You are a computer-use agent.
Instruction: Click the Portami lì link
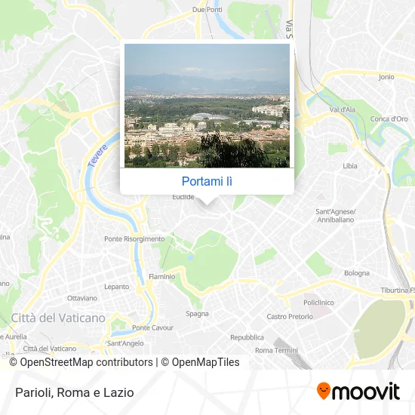pyautogui.click(x=207, y=181)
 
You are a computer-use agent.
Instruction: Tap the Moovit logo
pyautogui.click(x=358, y=391)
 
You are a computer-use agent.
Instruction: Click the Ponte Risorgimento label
pyautogui.click(x=134, y=239)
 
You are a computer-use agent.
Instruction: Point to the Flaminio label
pyautogui.click(x=162, y=277)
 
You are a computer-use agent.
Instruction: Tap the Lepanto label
pyautogui.click(x=117, y=287)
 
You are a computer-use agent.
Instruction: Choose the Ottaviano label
pyautogui.click(x=82, y=298)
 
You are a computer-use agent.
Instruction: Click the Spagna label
pyautogui.click(x=198, y=313)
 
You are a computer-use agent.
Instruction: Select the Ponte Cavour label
pyautogui.click(x=153, y=328)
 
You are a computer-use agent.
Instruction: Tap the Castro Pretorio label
pyautogui.click(x=287, y=317)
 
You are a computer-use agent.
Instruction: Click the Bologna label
pyautogui.click(x=357, y=273)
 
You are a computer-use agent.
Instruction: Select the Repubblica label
pyautogui.click(x=247, y=337)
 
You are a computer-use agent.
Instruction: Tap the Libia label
pyautogui.click(x=350, y=166)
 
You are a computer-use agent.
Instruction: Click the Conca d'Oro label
pyautogui.click(x=389, y=118)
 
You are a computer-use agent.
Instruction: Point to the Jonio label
pyautogui.click(x=386, y=77)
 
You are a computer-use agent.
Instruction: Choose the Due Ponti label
pyautogui.click(x=208, y=10)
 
